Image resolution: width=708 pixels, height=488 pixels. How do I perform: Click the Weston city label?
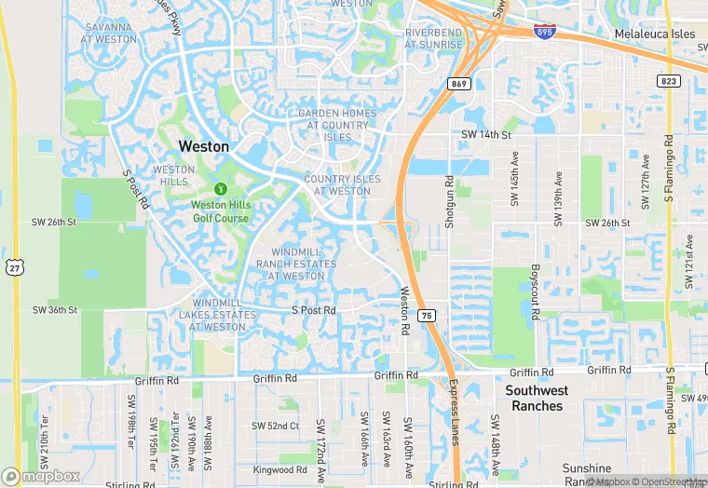click(203, 146)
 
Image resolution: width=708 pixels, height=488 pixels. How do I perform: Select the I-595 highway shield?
click(546, 32)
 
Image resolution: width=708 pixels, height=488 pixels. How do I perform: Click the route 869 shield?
click(457, 84)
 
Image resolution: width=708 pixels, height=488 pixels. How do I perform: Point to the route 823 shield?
click(668, 81)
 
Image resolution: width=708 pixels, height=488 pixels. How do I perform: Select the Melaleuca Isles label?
click(655, 34)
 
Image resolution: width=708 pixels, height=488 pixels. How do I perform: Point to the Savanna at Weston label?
click(111, 34)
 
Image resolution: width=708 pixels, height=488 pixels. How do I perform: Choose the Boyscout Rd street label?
click(536, 291)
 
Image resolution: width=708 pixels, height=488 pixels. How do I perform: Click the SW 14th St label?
click(486, 135)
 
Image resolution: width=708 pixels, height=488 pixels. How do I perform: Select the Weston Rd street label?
click(405, 311)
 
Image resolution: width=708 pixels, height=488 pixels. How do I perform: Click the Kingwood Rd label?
click(279, 469)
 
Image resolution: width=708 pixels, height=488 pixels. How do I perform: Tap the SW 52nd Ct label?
click(275, 426)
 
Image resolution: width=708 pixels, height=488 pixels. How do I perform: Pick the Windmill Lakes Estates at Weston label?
click(224, 315)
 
